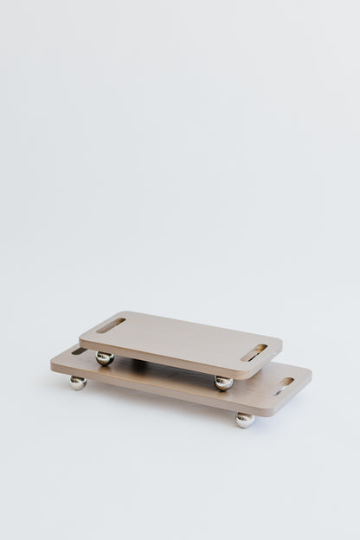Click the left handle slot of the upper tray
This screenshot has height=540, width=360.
click(111, 325)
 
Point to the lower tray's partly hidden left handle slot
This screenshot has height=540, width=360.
click(78, 351)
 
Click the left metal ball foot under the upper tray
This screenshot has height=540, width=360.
click(105, 357)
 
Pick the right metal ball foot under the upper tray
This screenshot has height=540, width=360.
click(223, 382)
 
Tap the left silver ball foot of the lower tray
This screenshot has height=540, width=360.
click(78, 382)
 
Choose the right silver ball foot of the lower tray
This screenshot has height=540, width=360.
click(245, 419)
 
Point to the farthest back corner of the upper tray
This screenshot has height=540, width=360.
click(130, 312)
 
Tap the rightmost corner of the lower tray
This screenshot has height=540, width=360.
click(311, 377)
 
